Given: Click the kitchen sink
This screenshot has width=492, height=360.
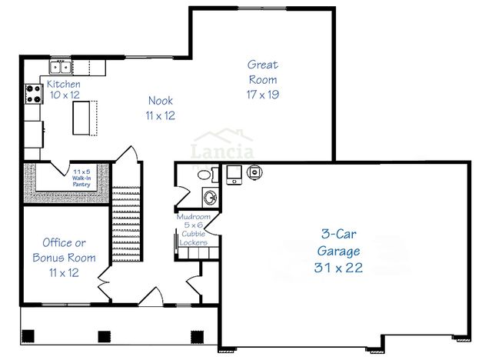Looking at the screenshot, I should [60, 66].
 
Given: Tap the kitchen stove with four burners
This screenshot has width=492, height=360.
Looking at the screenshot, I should [34, 94].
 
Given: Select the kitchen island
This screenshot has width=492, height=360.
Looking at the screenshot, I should [82, 117].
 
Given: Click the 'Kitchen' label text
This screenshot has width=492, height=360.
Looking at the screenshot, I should [64, 84].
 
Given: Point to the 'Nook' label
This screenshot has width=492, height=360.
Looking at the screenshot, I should [161, 101].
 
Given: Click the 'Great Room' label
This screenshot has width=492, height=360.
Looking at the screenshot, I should [262, 72].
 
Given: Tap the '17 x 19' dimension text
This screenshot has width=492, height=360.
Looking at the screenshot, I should [262, 95].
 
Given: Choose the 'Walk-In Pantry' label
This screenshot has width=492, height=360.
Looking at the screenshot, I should [82, 178].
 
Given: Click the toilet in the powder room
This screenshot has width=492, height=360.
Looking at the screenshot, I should [205, 175].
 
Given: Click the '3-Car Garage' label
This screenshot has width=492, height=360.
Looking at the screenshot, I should [338, 242].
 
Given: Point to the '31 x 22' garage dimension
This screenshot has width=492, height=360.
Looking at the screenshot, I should [338, 268].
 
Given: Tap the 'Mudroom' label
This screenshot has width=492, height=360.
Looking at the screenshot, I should [193, 217].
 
